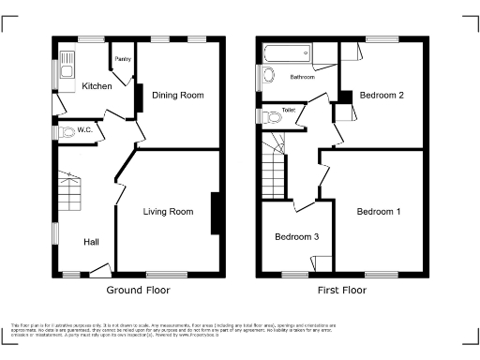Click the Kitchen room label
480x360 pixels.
[97, 86]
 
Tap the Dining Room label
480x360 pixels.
[178, 96]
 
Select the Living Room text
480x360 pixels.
[168, 212]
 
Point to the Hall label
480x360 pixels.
[91, 243]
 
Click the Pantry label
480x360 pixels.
[123, 59]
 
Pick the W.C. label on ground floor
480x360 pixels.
[83, 129]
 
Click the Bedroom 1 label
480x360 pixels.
[379, 212]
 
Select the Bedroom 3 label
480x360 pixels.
[296, 237]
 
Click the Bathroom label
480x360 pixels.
[302, 77]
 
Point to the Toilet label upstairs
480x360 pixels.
[290, 110]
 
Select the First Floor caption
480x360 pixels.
[341, 292]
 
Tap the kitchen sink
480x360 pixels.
[67, 66]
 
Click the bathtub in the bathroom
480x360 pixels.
[292, 52]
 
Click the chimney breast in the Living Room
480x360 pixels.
[217, 213]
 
